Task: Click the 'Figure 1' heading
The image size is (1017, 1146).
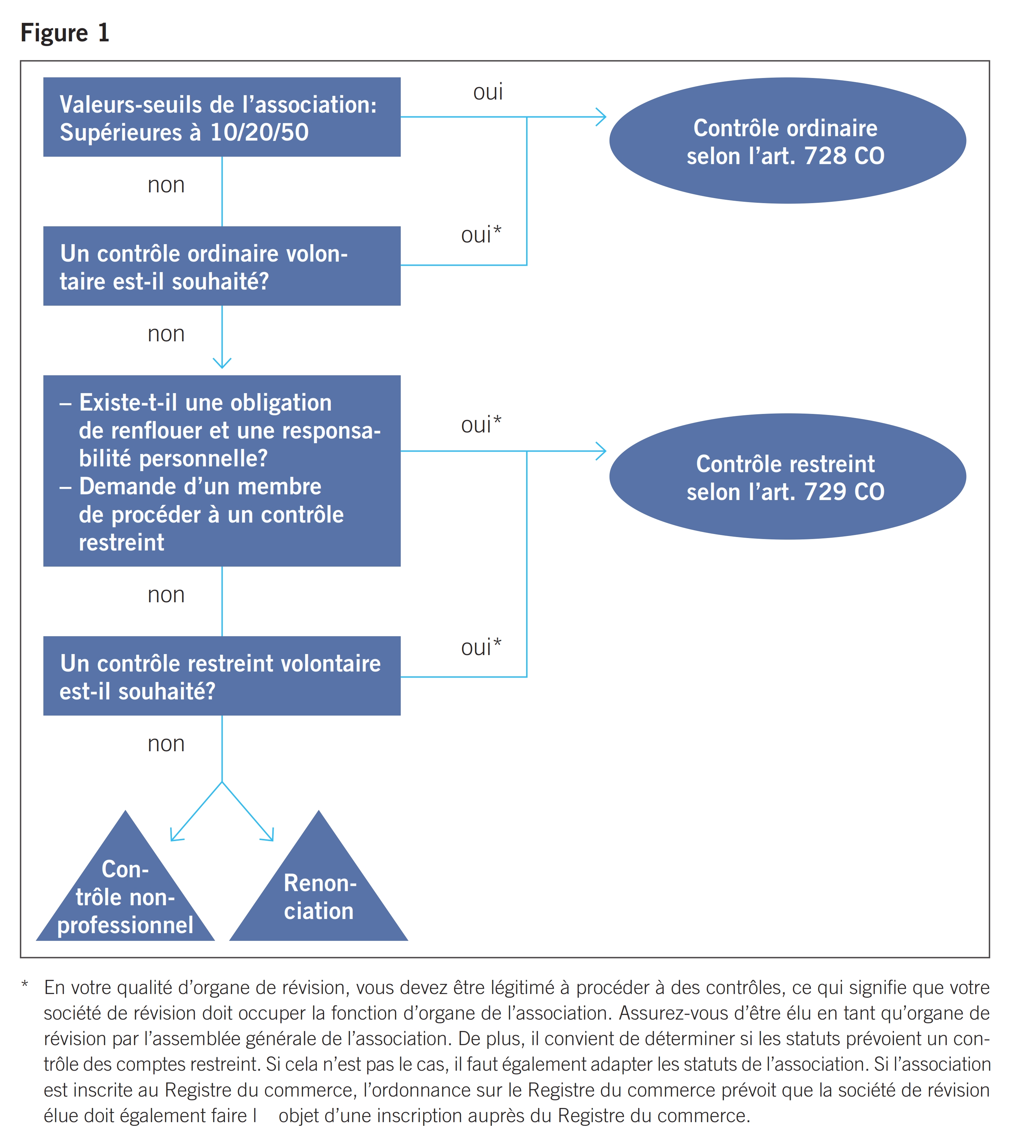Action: [x=65, y=33]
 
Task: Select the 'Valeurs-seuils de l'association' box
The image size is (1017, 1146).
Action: [x=222, y=117]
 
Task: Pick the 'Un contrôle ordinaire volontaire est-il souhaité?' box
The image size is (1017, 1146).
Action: [x=222, y=266]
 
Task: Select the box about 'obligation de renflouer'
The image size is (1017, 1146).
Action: [x=222, y=471]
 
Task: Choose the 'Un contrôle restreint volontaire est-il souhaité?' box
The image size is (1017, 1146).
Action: [x=222, y=676]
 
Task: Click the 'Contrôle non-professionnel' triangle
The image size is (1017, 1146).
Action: [x=126, y=897]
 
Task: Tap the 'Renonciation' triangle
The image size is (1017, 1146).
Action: [x=318, y=897]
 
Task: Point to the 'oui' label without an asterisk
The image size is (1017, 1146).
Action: [x=488, y=92]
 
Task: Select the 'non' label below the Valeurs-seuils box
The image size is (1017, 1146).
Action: [x=166, y=185]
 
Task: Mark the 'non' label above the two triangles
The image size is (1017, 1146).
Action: [x=166, y=744]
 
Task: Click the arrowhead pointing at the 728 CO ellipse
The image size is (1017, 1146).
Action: [x=601, y=117]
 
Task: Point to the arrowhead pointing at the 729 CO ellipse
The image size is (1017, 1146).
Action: [x=601, y=451]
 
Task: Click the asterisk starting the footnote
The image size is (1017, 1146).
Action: [x=25, y=985]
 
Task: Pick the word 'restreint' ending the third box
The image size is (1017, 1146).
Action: [x=122, y=543]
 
